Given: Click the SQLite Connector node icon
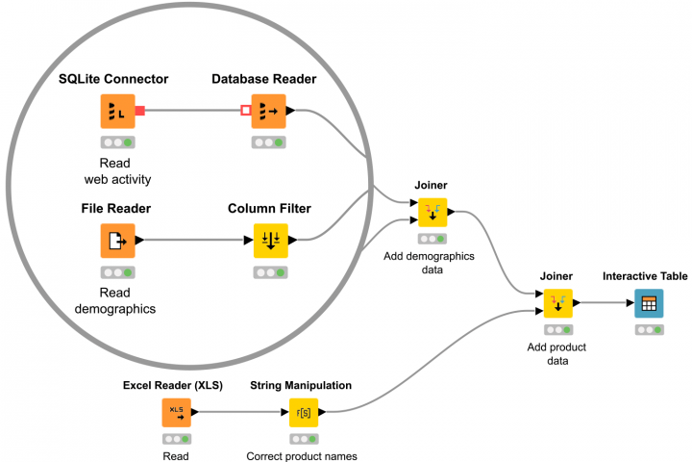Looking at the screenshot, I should click(x=118, y=111).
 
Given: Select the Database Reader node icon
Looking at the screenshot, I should click(x=269, y=111).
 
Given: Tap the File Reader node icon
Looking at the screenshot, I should click(x=118, y=241).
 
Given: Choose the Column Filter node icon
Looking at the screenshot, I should click(x=270, y=241).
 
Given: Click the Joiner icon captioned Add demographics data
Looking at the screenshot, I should click(x=432, y=212).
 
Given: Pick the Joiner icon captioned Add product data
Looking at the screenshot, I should click(x=557, y=304).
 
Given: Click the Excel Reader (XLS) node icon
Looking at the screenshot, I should click(x=176, y=412).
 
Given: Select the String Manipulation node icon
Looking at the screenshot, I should click(x=304, y=412).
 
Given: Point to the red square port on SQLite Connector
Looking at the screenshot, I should click(x=140, y=112).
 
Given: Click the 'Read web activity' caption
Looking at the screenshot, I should click(x=118, y=171).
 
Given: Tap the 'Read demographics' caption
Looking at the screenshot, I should click(x=115, y=300).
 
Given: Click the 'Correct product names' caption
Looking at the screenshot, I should click(x=302, y=456).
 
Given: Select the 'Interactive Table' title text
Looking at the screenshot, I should click(x=645, y=276).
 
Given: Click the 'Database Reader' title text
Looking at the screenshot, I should click(x=264, y=78).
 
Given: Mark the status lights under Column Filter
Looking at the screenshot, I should click(x=270, y=272).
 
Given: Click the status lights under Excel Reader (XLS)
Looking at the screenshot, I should click(x=176, y=438).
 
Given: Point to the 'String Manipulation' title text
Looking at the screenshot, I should click(x=300, y=385).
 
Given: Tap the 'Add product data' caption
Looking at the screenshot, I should click(x=557, y=353).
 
